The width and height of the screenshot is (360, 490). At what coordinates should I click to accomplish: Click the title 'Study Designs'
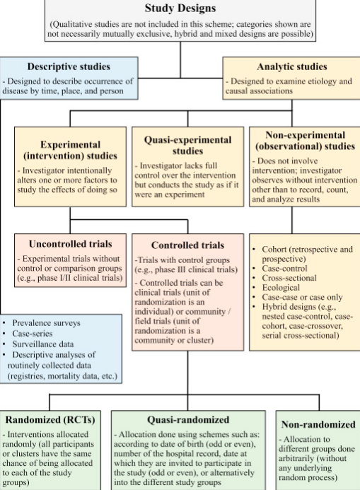180,8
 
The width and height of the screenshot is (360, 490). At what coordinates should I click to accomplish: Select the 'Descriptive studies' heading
69,66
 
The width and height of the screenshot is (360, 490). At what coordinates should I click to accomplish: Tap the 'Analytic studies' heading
292,66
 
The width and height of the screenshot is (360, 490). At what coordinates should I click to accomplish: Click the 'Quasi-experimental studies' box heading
187,146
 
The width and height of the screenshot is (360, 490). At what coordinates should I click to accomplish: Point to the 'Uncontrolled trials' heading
70,244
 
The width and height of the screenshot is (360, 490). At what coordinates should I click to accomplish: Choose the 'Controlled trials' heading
187,245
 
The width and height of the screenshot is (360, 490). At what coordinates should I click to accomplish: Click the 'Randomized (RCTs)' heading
50,419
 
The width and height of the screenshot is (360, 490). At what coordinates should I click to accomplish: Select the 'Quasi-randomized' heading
188,419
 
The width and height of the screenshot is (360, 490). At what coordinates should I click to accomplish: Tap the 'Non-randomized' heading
318,424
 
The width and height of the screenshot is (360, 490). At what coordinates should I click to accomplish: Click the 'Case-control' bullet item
285,269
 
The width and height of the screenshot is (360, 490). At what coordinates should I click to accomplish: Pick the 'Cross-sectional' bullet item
289,278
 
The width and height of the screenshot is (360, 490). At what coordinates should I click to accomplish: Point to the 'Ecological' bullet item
281,288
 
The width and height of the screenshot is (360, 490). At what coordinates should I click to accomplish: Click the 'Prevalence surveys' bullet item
46,323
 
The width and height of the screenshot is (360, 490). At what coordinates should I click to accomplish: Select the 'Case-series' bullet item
33,334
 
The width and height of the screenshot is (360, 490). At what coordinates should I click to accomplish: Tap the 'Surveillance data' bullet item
43,344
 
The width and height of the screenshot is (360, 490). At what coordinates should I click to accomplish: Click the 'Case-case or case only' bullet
302,297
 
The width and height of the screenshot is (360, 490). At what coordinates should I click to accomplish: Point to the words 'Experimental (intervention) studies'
70,150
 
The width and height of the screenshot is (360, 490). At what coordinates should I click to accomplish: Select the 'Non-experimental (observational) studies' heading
305,141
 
